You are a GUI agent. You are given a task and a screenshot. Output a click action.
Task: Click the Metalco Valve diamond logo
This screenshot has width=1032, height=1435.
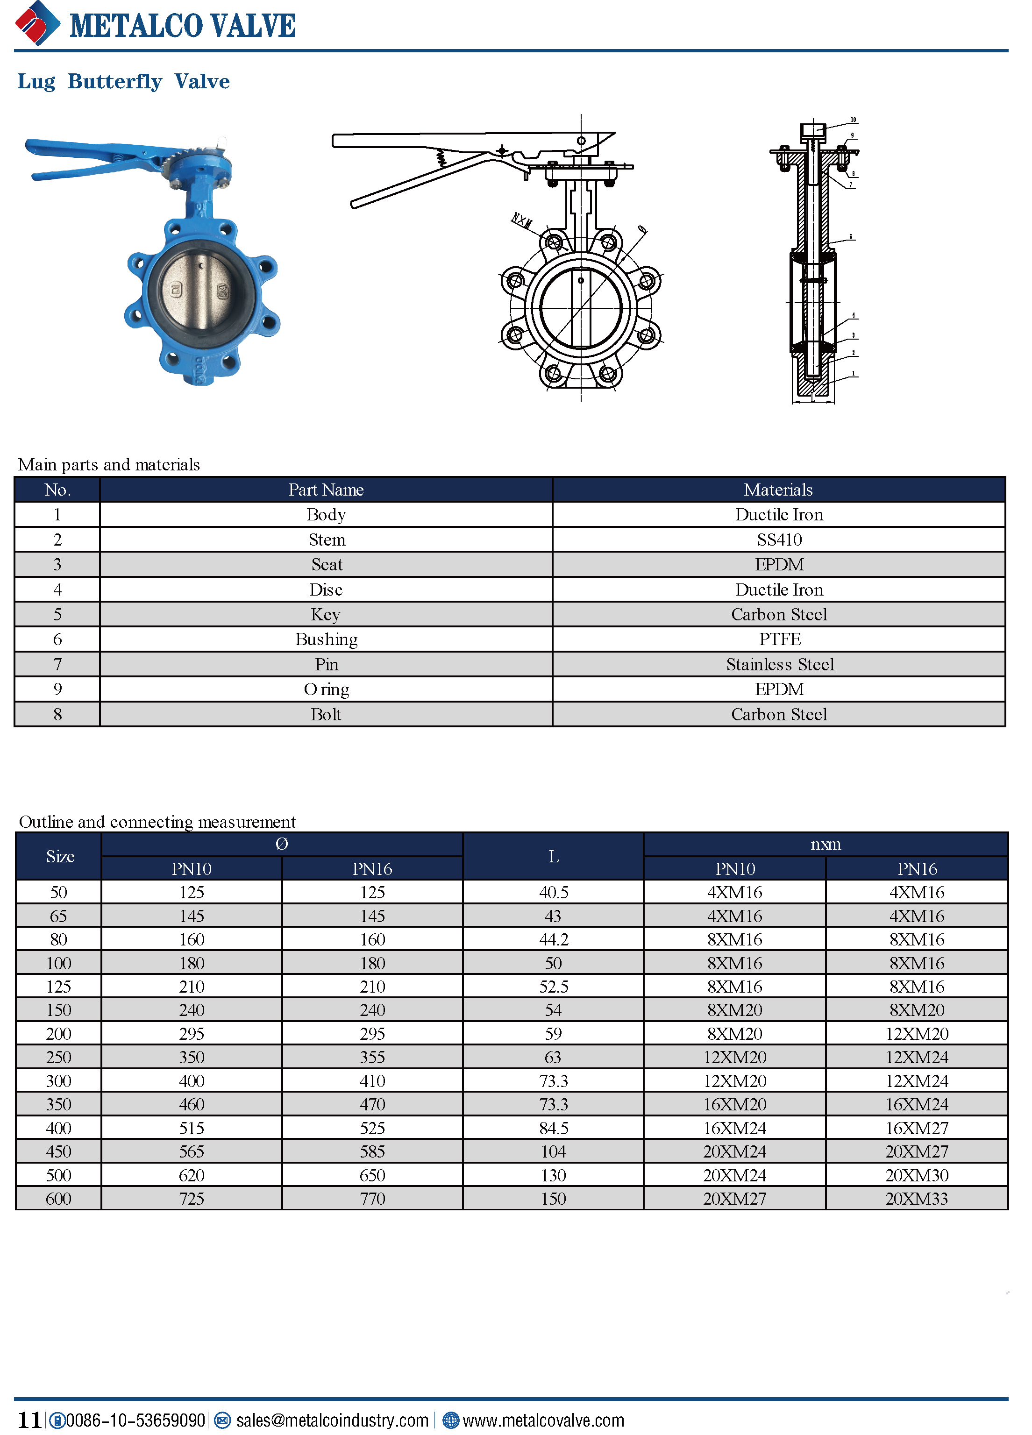pos(37,24)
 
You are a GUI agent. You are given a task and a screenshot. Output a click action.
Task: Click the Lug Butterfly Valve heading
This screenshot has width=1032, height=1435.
pos(123,82)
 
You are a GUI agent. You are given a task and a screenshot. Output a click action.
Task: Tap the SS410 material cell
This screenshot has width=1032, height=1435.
pos(779,540)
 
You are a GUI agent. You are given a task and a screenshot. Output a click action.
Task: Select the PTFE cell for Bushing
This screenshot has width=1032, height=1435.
pos(779,639)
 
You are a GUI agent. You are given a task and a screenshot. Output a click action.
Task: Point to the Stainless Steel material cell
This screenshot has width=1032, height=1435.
pos(779,664)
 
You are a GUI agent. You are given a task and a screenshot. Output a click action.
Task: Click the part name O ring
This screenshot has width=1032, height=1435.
pos(326,689)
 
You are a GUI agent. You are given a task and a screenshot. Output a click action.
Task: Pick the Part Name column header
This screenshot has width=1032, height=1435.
pos(326,490)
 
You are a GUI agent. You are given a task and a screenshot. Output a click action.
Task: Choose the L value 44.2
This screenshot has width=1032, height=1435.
pos(553,939)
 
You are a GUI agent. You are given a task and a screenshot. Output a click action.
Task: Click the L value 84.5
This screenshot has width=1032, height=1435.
pos(553,1128)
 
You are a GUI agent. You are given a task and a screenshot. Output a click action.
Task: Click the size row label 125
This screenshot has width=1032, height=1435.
pos(58,987)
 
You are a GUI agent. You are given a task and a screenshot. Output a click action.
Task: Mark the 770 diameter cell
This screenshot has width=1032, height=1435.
pos(372,1199)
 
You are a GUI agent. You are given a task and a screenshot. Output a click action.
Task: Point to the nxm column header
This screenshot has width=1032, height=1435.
pos(825,844)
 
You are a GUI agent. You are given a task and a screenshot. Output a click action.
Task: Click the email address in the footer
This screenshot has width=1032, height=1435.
pos(332,1421)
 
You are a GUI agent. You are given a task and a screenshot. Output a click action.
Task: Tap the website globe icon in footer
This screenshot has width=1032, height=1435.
pos(450,1421)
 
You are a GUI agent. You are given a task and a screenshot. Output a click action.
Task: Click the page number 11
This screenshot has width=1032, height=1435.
pos(29,1421)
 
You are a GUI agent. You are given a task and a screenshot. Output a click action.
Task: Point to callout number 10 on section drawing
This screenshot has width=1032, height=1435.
pos(853,120)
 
